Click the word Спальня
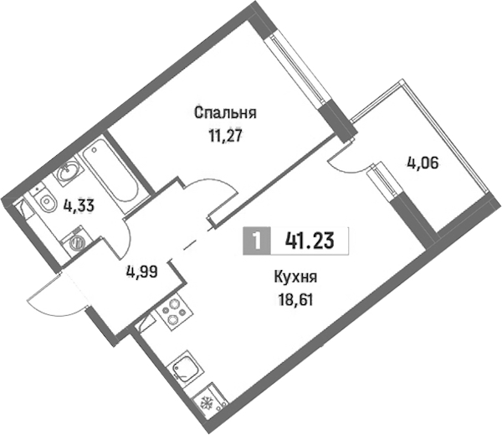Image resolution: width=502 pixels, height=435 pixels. coord(225,113)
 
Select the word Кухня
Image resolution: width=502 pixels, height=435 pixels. coord(295,277)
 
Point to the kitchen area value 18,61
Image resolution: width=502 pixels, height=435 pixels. coord(295,300)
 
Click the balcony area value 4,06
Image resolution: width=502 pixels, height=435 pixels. coord(423,164)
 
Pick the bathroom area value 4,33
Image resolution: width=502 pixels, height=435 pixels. coord(79,205)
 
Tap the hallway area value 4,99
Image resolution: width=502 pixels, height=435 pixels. coord(142,272)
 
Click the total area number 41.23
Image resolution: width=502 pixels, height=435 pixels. coord(310,241)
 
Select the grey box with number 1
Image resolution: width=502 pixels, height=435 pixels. coord(257,241)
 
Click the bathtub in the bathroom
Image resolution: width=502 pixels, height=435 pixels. coord(110,175)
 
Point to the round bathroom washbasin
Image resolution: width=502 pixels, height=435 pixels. coord(69,170)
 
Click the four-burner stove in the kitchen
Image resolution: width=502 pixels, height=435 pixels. coord(173,312)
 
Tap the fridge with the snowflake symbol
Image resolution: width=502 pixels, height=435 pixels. coord(210,401)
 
